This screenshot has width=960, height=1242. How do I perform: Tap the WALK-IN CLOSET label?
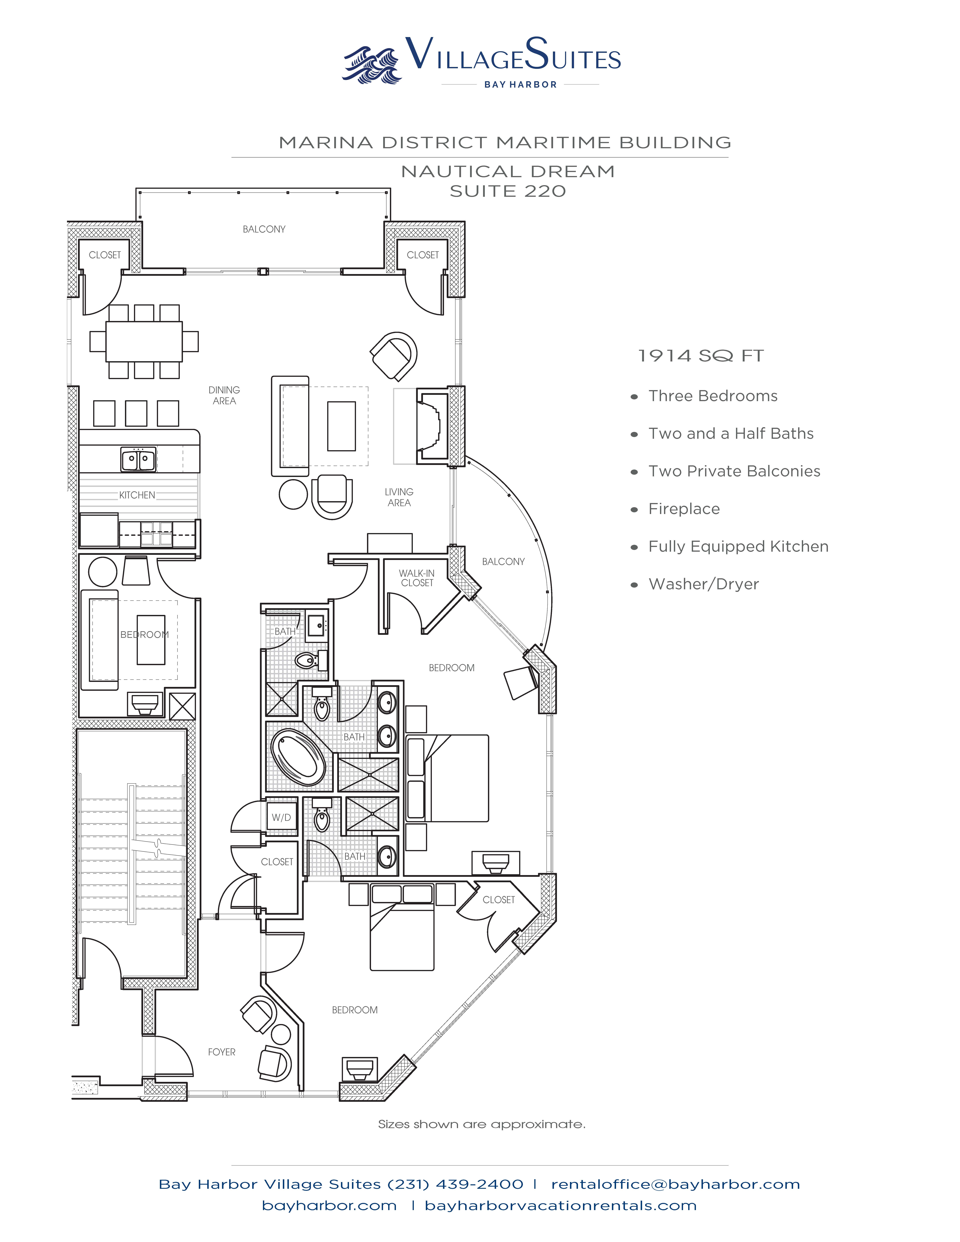point(417,578)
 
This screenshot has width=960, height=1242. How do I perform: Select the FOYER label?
point(222,1052)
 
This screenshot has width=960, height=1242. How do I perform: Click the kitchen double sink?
point(138,459)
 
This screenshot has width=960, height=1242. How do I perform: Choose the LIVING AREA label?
point(399,497)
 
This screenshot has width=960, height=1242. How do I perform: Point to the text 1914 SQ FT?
point(701,356)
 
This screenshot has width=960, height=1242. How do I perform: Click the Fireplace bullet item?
point(684,509)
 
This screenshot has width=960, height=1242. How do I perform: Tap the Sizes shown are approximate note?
point(482,1124)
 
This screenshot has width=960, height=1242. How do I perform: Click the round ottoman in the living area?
point(293,494)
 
